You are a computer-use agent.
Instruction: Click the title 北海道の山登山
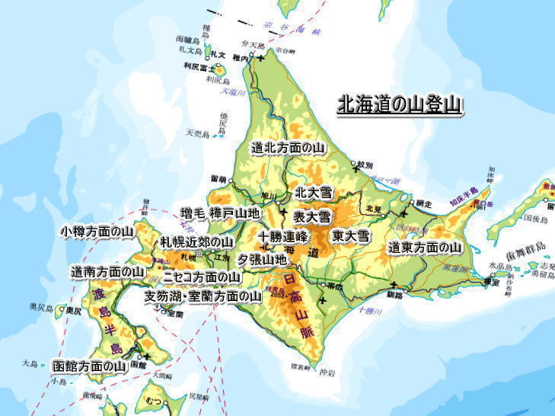(400, 105)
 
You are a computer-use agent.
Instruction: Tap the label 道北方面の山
(289, 148)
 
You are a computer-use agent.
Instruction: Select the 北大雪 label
(313, 193)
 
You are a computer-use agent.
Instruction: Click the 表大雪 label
(312, 217)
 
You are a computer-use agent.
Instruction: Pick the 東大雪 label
(350, 236)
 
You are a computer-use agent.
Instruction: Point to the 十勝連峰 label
(282, 236)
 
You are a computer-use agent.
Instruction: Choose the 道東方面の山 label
(425, 248)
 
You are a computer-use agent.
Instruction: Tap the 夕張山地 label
(263, 259)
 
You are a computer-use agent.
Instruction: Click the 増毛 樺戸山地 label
(220, 213)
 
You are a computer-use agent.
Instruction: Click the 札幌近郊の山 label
(196, 242)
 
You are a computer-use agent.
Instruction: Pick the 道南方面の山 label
(107, 271)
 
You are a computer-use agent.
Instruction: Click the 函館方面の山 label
(90, 366)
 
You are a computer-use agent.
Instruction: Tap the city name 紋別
(365, 165)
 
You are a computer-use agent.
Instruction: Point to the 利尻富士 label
(196, 66)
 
